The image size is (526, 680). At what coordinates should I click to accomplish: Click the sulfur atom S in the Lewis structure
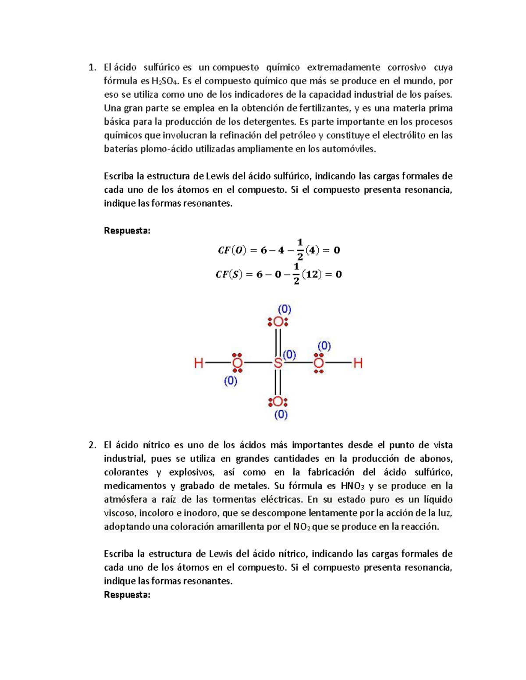tap(278, 363)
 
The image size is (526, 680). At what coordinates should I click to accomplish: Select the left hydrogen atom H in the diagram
tap(199, 363)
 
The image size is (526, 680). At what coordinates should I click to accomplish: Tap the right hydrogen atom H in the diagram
tap(358, 363)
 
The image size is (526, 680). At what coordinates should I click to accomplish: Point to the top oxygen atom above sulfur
tap(278, 322)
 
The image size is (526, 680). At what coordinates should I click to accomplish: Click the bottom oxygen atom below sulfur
tap(278, 402)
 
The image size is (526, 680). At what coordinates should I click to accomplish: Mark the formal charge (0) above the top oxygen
tap(284, 309)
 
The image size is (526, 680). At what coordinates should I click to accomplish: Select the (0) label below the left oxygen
tap(231, 381)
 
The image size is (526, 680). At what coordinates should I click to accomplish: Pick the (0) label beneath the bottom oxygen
tap(281, 414)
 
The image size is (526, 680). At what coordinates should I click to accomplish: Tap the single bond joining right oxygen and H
tap(338, 363)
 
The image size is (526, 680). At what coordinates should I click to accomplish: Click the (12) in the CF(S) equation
tap(311, 275)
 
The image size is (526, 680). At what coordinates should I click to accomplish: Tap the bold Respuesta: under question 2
tap(127, 595)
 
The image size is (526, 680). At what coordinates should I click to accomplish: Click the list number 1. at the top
tap(92, 67)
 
